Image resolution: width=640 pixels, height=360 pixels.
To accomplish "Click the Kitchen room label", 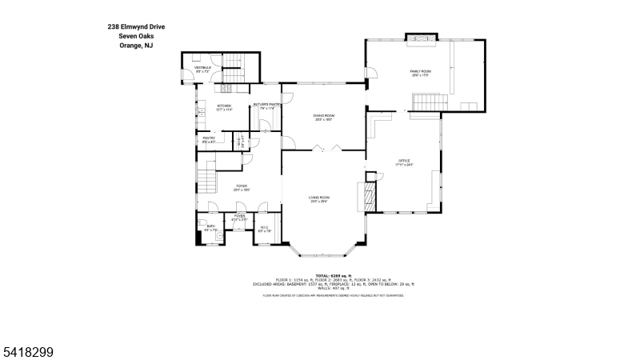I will point(224,106).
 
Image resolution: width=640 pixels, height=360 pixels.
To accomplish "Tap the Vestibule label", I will point(202,70).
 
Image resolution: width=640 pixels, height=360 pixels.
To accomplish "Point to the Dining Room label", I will point(323,117).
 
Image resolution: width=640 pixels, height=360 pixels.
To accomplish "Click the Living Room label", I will point(320,198).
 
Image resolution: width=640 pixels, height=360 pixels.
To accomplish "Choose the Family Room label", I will point(421,73).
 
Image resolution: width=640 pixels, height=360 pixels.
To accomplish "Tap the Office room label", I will point(404,162).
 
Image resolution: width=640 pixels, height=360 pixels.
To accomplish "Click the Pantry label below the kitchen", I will point(209,140).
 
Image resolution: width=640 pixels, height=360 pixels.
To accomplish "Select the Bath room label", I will point(210,227).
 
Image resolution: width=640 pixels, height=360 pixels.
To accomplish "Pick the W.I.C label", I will point(265,228).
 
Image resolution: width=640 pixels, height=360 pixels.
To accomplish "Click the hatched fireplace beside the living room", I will point(370,195).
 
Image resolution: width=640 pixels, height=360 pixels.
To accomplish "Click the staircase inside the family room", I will point(428,102).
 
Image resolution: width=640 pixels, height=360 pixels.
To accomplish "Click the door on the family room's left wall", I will point(370,74).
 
